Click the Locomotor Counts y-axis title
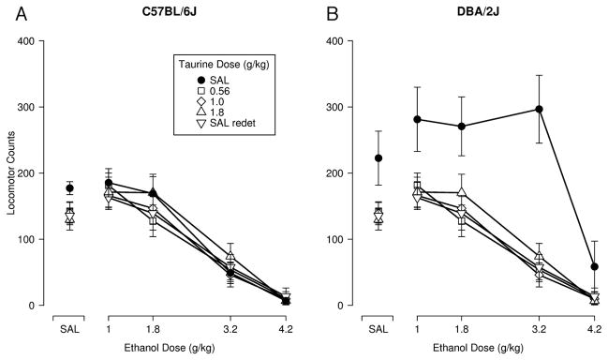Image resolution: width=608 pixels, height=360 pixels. coord(11,172)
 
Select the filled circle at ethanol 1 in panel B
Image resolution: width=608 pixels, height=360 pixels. coord(417,119)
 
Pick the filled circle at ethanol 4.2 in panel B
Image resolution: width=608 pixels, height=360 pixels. coord(595,266)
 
